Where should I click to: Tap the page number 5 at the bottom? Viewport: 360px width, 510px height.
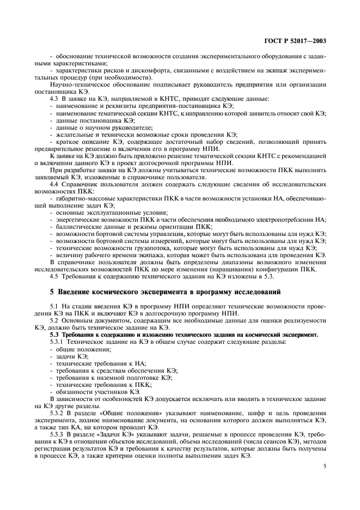[325, 466]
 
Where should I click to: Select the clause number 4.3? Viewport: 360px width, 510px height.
[54, 98]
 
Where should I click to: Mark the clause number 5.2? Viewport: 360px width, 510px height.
[54, 321]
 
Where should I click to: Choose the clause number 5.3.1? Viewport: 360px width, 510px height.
[57, 341]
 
